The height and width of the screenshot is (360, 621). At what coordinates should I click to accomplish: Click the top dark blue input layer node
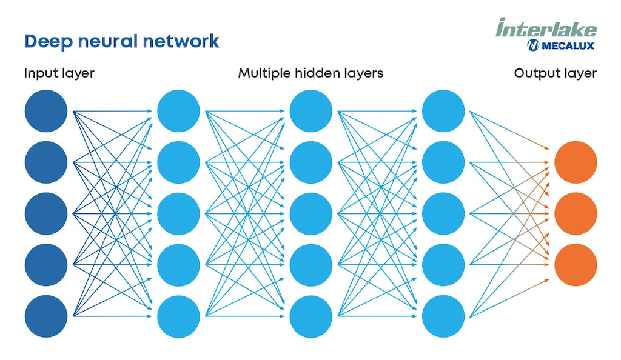pos(46,111)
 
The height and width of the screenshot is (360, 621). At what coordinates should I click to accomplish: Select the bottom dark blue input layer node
pos(46,316)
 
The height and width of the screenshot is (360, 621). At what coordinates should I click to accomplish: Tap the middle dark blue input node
pos(46,214)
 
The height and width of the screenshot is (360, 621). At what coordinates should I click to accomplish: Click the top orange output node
pos(576,162)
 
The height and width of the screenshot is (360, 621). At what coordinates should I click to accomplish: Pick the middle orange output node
pos(576,214)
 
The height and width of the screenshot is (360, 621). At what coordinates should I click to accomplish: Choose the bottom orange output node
pos(576,265)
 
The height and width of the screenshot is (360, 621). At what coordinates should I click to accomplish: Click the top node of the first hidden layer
pos(178,111)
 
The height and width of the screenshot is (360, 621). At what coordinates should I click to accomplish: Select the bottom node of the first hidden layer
pos(178,316)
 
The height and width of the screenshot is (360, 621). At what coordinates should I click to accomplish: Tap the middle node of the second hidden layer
pos(311,214)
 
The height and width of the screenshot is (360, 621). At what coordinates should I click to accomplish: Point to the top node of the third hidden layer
pos(443,111)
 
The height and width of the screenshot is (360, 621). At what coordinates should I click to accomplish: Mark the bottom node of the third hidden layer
pos(443,316)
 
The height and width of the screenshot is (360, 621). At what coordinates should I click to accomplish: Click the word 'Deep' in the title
pos(44,42)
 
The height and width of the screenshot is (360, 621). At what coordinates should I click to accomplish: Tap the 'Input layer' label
pos(59,73)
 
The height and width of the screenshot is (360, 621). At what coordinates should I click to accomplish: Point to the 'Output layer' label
pos(555,73)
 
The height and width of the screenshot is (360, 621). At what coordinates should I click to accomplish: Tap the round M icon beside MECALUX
pos(533,45)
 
